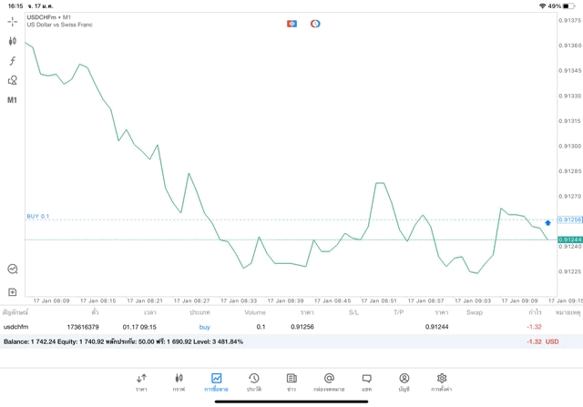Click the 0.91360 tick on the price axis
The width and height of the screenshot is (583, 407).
tap(569, 45)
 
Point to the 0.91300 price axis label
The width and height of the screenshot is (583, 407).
tap(569, 146)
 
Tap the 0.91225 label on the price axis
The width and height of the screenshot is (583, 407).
tap(569, 271)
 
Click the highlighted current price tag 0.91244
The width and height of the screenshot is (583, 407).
tap(569, 239)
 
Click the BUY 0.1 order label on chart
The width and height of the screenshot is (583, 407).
tap(38, 217)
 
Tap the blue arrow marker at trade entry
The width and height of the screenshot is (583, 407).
tap(547, 222)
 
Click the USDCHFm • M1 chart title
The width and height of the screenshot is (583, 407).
tap(49, 17)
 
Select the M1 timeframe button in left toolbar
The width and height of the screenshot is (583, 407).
tap(13, 100)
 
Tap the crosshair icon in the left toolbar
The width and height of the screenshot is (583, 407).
tap(13, 21)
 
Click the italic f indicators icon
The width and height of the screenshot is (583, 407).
tap(13, 61)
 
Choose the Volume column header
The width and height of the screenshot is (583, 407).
tap(255, 312)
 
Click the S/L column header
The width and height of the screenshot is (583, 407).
tap(353, 312)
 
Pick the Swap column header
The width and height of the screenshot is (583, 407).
tap(474, 312)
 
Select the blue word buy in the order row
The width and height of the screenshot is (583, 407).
tap(204, 327)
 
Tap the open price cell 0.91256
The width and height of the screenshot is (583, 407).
tap(302, 327)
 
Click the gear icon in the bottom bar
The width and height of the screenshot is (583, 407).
tap(442, 382)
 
